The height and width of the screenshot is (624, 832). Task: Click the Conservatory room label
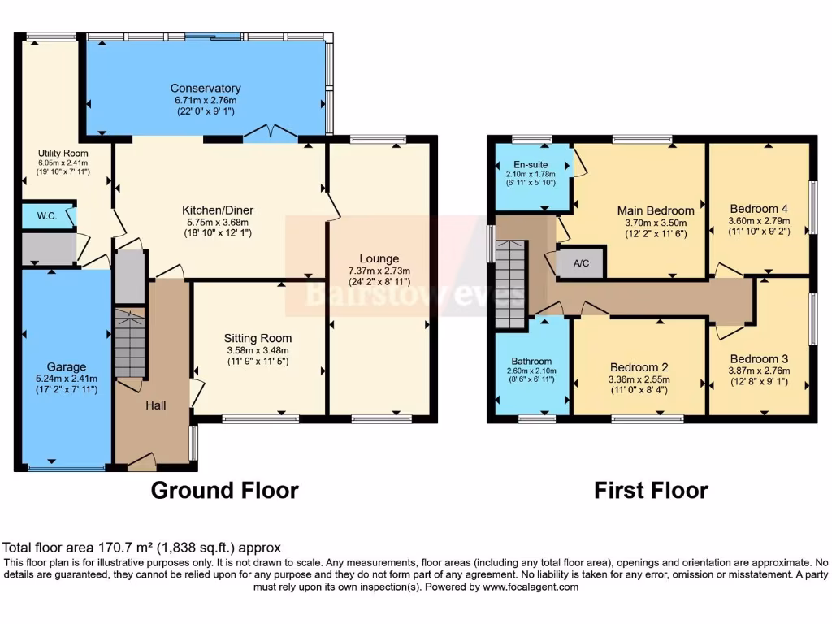205,88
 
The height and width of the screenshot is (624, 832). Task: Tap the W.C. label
45,216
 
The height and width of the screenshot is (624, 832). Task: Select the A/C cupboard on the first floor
582,262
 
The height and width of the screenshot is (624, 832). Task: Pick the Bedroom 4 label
758,207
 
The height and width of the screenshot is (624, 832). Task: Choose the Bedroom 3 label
758,358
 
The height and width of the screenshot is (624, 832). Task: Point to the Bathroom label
531,361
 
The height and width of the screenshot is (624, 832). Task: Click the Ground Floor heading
225,490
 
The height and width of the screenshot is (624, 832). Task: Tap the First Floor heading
651,490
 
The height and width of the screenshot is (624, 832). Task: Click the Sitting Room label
258,338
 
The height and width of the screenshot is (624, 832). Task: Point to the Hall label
155,404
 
